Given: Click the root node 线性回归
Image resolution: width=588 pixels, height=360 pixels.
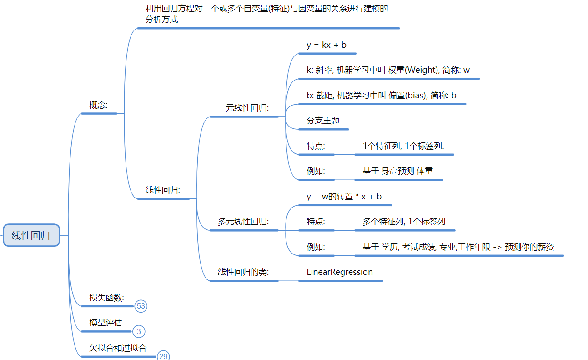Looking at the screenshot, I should tap(31, 235).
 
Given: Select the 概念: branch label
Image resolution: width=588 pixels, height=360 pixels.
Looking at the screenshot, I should tap(98, 105).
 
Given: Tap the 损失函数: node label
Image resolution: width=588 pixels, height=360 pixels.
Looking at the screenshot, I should tap(106, 298).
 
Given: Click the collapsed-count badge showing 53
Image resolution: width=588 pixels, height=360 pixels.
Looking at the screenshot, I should tap(141, 306).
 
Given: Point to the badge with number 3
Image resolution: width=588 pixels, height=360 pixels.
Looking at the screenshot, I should tap(139, 332).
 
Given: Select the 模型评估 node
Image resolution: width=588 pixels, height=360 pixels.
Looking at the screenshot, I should tap(106, 323).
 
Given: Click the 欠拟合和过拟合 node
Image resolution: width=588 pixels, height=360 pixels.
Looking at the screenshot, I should tap(118, 348).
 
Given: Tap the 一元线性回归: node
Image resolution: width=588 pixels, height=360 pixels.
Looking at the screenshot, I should tap(243, 108).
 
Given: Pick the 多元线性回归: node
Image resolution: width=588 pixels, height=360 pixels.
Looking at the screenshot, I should tap(243, 222).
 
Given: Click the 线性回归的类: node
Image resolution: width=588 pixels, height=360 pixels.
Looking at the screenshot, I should tap(243, 272).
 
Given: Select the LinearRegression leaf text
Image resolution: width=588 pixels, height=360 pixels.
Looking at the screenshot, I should tap(340, 272).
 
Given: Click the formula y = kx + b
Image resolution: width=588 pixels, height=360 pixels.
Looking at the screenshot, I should tap(327, 45).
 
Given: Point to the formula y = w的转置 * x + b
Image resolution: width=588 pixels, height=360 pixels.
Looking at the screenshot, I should tap(344, 197).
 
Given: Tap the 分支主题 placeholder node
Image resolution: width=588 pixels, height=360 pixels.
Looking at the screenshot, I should tap(323, 121).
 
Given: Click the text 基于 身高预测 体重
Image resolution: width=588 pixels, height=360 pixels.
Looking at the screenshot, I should tap(398, 171).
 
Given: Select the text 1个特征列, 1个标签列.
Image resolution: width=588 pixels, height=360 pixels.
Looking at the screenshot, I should tap(403, 146).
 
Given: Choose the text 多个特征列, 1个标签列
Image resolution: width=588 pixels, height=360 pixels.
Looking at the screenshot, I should tap(404, 222).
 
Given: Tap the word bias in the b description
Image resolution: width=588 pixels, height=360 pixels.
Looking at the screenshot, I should tap(420, 96).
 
